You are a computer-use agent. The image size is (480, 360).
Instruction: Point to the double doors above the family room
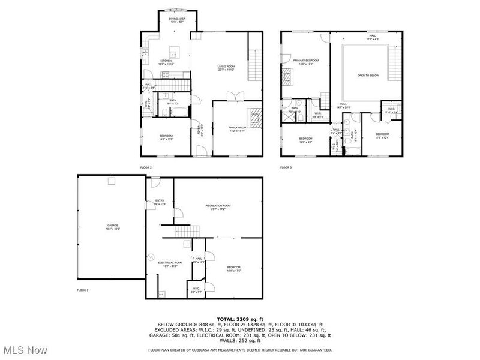235,95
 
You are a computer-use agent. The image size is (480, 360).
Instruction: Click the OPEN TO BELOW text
368,76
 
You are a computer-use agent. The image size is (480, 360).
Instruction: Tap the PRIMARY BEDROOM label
305,61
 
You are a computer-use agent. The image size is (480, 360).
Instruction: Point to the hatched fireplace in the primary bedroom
286,77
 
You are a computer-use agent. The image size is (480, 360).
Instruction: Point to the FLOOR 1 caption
82,290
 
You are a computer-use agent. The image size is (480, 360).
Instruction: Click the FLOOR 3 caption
286,167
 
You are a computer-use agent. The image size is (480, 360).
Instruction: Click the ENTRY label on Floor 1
160,200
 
